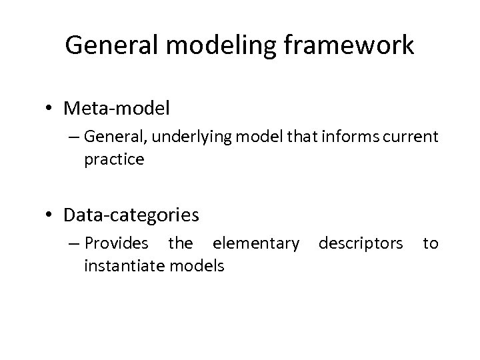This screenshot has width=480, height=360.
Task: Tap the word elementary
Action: coord(256,244)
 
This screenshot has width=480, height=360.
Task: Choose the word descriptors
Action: coord(361,244)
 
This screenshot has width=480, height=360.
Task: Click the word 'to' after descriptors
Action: coord(431,244)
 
